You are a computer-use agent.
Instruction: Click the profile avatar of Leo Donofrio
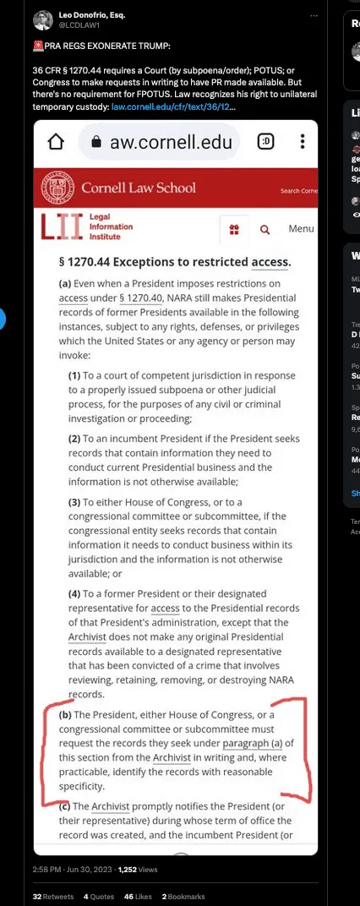pos(43,20)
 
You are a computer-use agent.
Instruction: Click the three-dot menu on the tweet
pos(314,16)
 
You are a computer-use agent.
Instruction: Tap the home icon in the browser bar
pos(56,142)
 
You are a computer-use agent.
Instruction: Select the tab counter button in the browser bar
pos(266,141)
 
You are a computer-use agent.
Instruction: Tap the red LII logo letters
pos(62,226)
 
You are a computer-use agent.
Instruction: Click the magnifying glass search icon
pos(265,229)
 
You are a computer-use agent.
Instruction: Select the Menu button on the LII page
pos(301,229)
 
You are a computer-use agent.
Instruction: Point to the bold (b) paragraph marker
pos(65,716)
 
